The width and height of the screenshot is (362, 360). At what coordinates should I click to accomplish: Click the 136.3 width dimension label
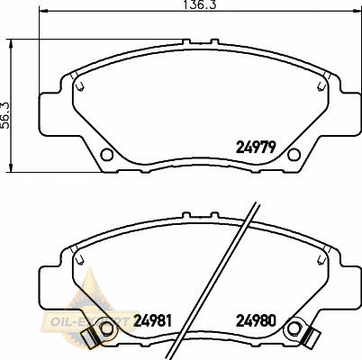click(199, 4)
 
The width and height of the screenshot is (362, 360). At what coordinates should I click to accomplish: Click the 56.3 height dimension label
click(5, 115)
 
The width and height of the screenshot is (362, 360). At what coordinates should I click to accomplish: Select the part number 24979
click(256, 147)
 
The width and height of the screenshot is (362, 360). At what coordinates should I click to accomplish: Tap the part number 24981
click(153, 320)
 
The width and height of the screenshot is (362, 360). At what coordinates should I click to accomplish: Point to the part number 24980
click(256, 320)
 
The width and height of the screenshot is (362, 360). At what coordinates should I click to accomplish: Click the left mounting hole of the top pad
click(106, 155)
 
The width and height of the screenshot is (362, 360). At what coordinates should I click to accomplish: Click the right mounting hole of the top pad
click(294, 155)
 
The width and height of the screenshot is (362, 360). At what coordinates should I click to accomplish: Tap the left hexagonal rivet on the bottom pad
click(106, 328)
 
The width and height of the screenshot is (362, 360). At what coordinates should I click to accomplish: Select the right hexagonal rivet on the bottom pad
click(294, 328)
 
